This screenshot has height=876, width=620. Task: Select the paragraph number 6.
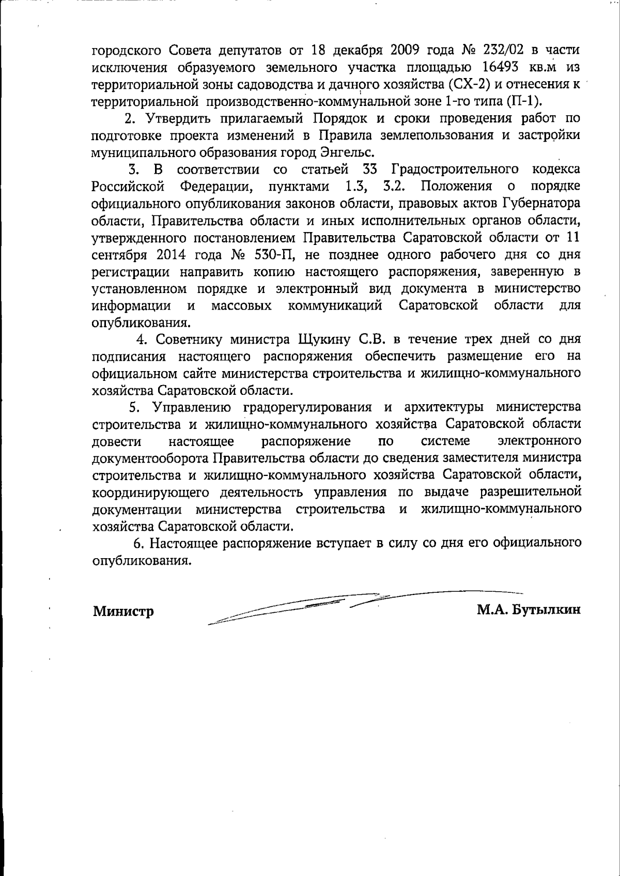pyautogui.click(x=137, y=543)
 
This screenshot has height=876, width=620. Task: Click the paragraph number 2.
pyautogui.click(x=130, y=118)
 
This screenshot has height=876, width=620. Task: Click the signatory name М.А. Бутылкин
pyautogui.click(x=529, y=610)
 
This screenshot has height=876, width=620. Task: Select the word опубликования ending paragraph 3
pyautogui.click(x=138, y=323)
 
